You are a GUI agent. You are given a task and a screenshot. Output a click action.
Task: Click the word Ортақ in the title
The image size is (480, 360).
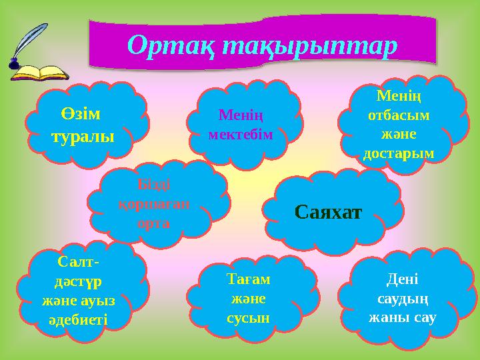coord(169,46)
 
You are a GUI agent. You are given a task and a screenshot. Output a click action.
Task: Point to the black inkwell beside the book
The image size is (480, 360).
coord(13,64)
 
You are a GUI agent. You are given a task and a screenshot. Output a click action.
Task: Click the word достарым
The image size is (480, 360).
coord(399,153)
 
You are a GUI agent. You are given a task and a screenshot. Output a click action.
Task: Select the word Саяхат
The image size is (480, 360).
coord(328,213)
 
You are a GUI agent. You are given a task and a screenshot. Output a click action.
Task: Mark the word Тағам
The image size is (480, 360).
coord(248,280)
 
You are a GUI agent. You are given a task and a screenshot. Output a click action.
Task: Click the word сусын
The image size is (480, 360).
coord(248,317)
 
